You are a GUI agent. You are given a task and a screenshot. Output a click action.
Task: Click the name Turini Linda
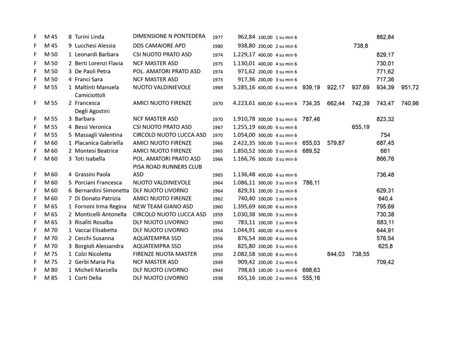[90, 37]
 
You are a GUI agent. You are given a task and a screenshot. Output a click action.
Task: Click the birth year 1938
[217, 279]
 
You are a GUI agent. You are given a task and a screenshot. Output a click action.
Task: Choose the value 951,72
[410, 88]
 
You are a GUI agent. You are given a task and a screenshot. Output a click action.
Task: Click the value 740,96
[410, 104]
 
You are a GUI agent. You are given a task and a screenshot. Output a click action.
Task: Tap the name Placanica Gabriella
[99, 143]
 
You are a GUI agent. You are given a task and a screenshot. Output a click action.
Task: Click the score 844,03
[336, 254]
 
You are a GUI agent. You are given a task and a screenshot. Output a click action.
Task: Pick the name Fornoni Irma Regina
[100, 207]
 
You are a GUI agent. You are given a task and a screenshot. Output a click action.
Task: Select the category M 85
[51, 278]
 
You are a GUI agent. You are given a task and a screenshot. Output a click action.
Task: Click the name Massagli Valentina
[98, 135]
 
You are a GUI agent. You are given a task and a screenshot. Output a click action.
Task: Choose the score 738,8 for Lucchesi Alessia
[360, 46]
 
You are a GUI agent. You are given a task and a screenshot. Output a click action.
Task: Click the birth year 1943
[217, 270]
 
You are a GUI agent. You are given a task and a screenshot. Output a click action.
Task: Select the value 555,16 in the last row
[311, 278]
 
